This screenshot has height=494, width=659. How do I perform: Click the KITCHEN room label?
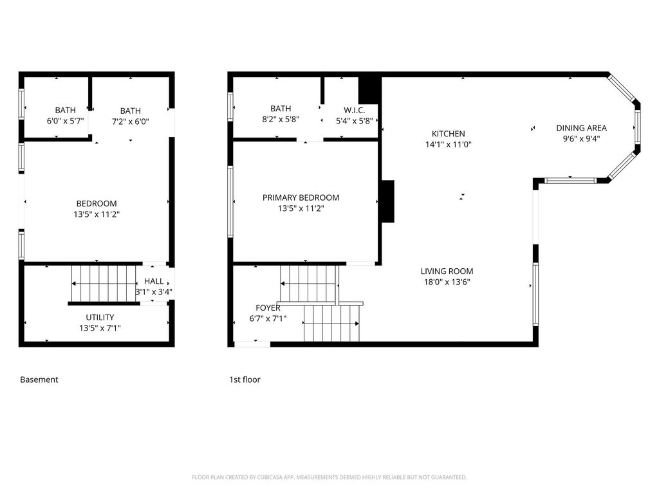tap(448, 134)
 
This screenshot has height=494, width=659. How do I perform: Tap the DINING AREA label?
tap(581, 128)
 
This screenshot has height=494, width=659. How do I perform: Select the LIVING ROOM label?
tap(447, 271)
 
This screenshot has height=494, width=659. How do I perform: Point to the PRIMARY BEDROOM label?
tap(301, 198)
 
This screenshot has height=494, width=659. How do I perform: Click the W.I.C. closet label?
tap(355, 111)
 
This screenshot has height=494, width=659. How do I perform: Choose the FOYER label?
tap(268, 308)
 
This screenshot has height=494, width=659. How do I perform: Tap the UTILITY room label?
tap(100, 318)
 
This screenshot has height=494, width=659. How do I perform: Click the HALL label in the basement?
tap(154, 282)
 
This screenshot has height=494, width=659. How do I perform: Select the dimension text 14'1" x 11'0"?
tap(448, 145)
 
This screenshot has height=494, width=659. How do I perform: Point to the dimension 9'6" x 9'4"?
tap(581, 139)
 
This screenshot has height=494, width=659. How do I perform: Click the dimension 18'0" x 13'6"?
tap(447, 282)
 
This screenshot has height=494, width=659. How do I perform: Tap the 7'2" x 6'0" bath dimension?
tap(130, 122)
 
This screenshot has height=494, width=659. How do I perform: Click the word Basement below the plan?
tap(39, 380)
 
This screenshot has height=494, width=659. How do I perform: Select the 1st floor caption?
tap(245, 380)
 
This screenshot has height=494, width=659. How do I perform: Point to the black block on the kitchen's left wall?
tap(387, 201)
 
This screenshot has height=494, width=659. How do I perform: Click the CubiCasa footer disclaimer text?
tap(329, 477)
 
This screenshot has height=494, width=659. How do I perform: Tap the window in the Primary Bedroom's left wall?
tap(230, 201)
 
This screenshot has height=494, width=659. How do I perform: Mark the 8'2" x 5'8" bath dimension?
tap(281, 119)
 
